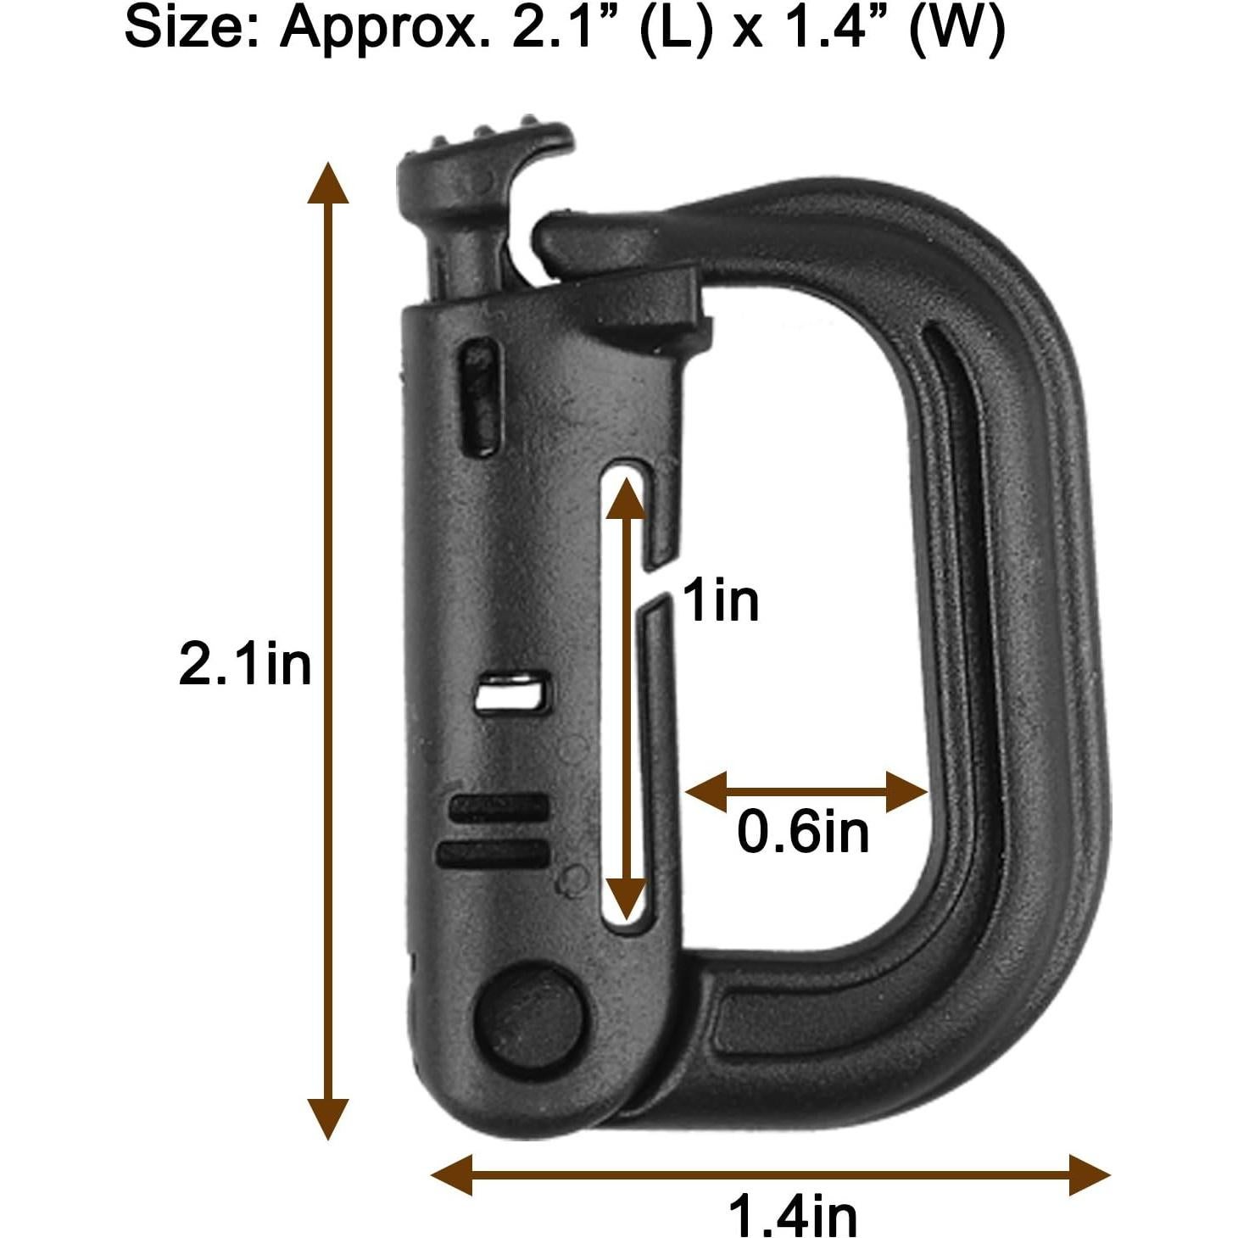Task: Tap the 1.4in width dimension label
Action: click(x=793, y=1216)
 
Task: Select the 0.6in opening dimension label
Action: click(x=803, y=832)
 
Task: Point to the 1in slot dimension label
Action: click(x=720, y=600)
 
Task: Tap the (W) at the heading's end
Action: click(x=958, y=31)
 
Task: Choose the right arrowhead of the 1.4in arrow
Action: click(x=1089, y=1175)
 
